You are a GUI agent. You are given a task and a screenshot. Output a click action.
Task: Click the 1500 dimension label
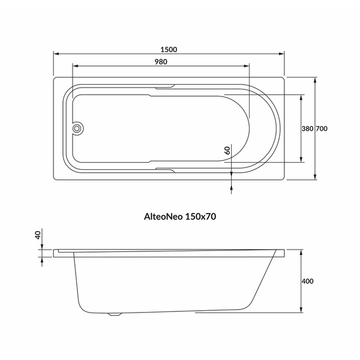coord(169,50)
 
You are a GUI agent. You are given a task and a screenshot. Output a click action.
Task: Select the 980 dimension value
coord(161,62)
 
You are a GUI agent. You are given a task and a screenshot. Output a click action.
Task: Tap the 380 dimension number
coord(307,128)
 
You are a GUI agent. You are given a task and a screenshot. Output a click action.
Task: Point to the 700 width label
coord(322,128)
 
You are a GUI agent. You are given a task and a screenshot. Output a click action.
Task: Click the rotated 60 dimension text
coord(227,151)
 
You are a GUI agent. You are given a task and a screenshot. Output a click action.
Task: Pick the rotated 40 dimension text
coord(38,235)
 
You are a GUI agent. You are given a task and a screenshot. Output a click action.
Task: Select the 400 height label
coord(307,281)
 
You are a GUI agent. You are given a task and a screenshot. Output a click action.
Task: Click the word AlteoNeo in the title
coord(163,217)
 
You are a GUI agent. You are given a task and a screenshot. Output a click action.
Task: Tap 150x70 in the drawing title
coord(200,217)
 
